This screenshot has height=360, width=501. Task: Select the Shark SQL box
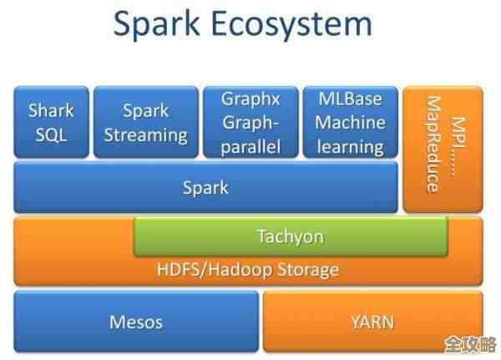pyautogui.click(x=51, y=122)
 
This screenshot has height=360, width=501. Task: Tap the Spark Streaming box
pyautogui.click(x=144, y=122)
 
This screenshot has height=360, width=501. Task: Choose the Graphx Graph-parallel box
pyautogui.click(x=250, y=123)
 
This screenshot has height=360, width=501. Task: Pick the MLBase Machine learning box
pyautogui.click(x=350, y=123)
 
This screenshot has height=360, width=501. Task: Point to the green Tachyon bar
pyautogui.click(x=290, y=237)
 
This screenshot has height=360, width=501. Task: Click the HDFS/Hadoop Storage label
pyautogui.click(x=248, y=270)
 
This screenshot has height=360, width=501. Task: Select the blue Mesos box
pyautogui.click(x=136, y=321)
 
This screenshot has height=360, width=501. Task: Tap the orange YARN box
pyautogui.click(x=372, y=321)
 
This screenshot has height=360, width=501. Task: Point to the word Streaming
pyautogui.click(x=145, y=134)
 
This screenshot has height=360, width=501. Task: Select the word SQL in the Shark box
pyautogui.click(x=51, y=134)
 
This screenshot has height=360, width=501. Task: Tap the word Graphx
pyautogui.click(x=250, y=99)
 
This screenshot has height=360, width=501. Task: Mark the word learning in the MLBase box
pyautogui.click(x=351, y=147)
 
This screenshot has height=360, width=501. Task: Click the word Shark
pyautogui.click(x=51, y=110)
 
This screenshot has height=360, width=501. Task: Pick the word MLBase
pyautogui.click(x=351, y=99)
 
